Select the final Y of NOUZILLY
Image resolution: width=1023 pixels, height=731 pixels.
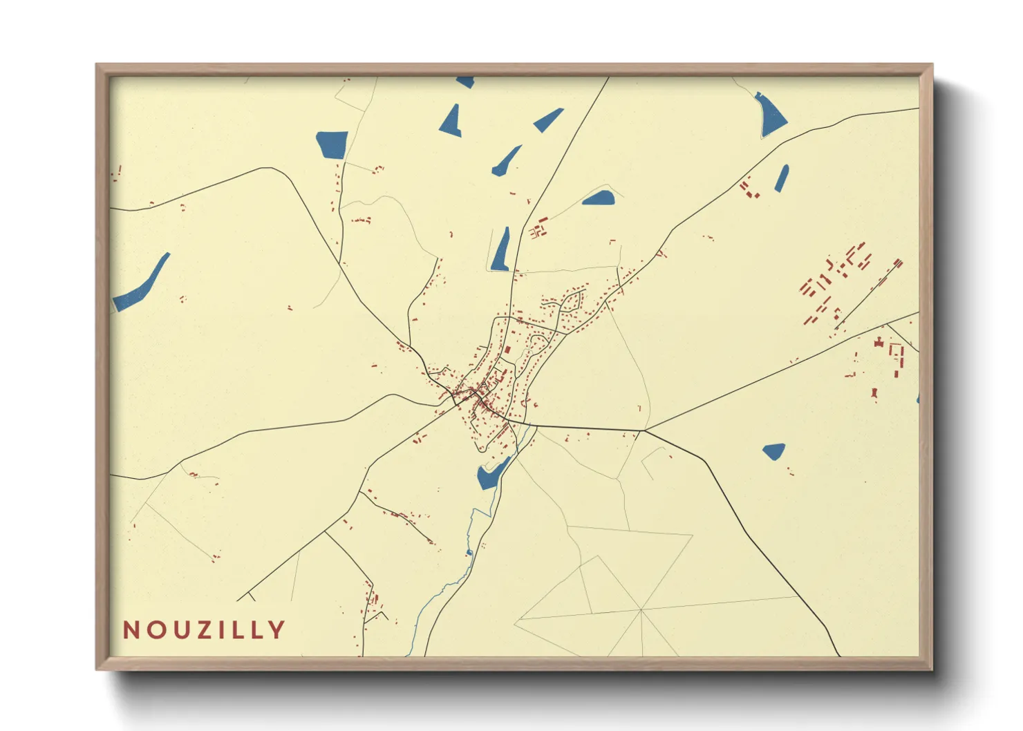click(276, 629)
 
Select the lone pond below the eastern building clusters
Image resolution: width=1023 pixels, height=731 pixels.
click(774, 451)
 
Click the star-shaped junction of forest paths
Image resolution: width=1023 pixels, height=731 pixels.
click(641, 610)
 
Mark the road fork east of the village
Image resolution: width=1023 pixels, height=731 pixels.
click(644, 430)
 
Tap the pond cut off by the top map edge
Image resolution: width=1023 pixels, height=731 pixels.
click(465, 82)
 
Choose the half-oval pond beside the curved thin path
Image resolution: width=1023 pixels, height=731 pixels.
click(599, 199)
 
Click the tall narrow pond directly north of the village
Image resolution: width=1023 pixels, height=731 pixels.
click(500, 251)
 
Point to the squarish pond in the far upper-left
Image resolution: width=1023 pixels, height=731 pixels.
click(332, 144)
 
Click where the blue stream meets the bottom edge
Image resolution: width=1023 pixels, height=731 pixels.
click(408, 654)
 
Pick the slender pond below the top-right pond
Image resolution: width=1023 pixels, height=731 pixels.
click(782, 178)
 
